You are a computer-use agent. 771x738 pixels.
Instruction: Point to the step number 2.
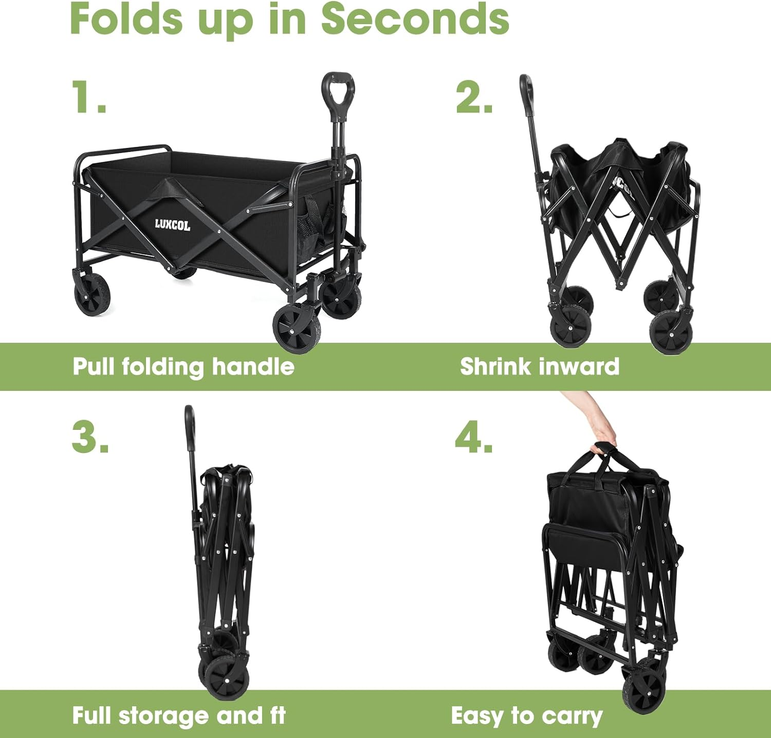(x=474, y=97)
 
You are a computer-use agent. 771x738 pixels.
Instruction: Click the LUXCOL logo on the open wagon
(x=173, y=225)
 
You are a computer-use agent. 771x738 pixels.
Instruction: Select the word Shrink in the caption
(x=495, y=367)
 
